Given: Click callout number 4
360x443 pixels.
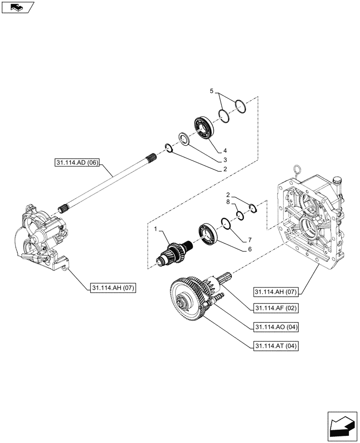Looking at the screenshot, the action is [225, 151].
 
